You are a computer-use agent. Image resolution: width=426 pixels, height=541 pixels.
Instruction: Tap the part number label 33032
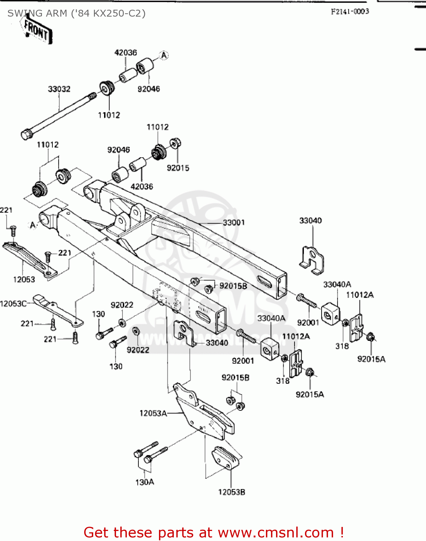click(59, 89)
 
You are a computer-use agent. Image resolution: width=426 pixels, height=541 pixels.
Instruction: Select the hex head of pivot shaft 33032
click(26, 135)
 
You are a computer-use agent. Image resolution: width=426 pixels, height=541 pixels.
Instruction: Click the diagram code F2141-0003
click(350, 12)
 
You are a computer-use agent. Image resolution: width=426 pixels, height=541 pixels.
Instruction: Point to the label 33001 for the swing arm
click(234, 223)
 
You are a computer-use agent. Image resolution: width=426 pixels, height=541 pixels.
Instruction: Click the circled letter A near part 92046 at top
click(164, 56)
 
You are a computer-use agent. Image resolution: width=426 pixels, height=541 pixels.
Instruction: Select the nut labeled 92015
click(175, 144)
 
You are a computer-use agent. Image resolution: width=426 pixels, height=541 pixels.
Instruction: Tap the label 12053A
click(153, 413)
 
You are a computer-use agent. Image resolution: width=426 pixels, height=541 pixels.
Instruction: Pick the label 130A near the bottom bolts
click(145, 482)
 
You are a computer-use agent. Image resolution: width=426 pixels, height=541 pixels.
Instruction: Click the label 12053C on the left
click(13, 304)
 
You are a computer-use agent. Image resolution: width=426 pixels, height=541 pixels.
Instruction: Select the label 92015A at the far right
click(371, 359)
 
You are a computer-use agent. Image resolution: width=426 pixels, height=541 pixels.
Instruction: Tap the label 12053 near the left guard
click(24, 279)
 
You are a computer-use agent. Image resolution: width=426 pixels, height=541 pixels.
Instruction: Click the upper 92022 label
click(122, 305)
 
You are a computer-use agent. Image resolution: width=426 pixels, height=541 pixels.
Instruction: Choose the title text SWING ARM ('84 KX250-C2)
click(77, 13)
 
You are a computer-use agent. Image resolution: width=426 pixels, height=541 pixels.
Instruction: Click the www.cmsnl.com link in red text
click(276, 532)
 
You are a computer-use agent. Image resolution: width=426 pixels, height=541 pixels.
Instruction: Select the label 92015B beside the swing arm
click(233, 286)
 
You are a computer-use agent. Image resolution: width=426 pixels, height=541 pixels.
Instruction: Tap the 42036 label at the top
click(126, 53)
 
